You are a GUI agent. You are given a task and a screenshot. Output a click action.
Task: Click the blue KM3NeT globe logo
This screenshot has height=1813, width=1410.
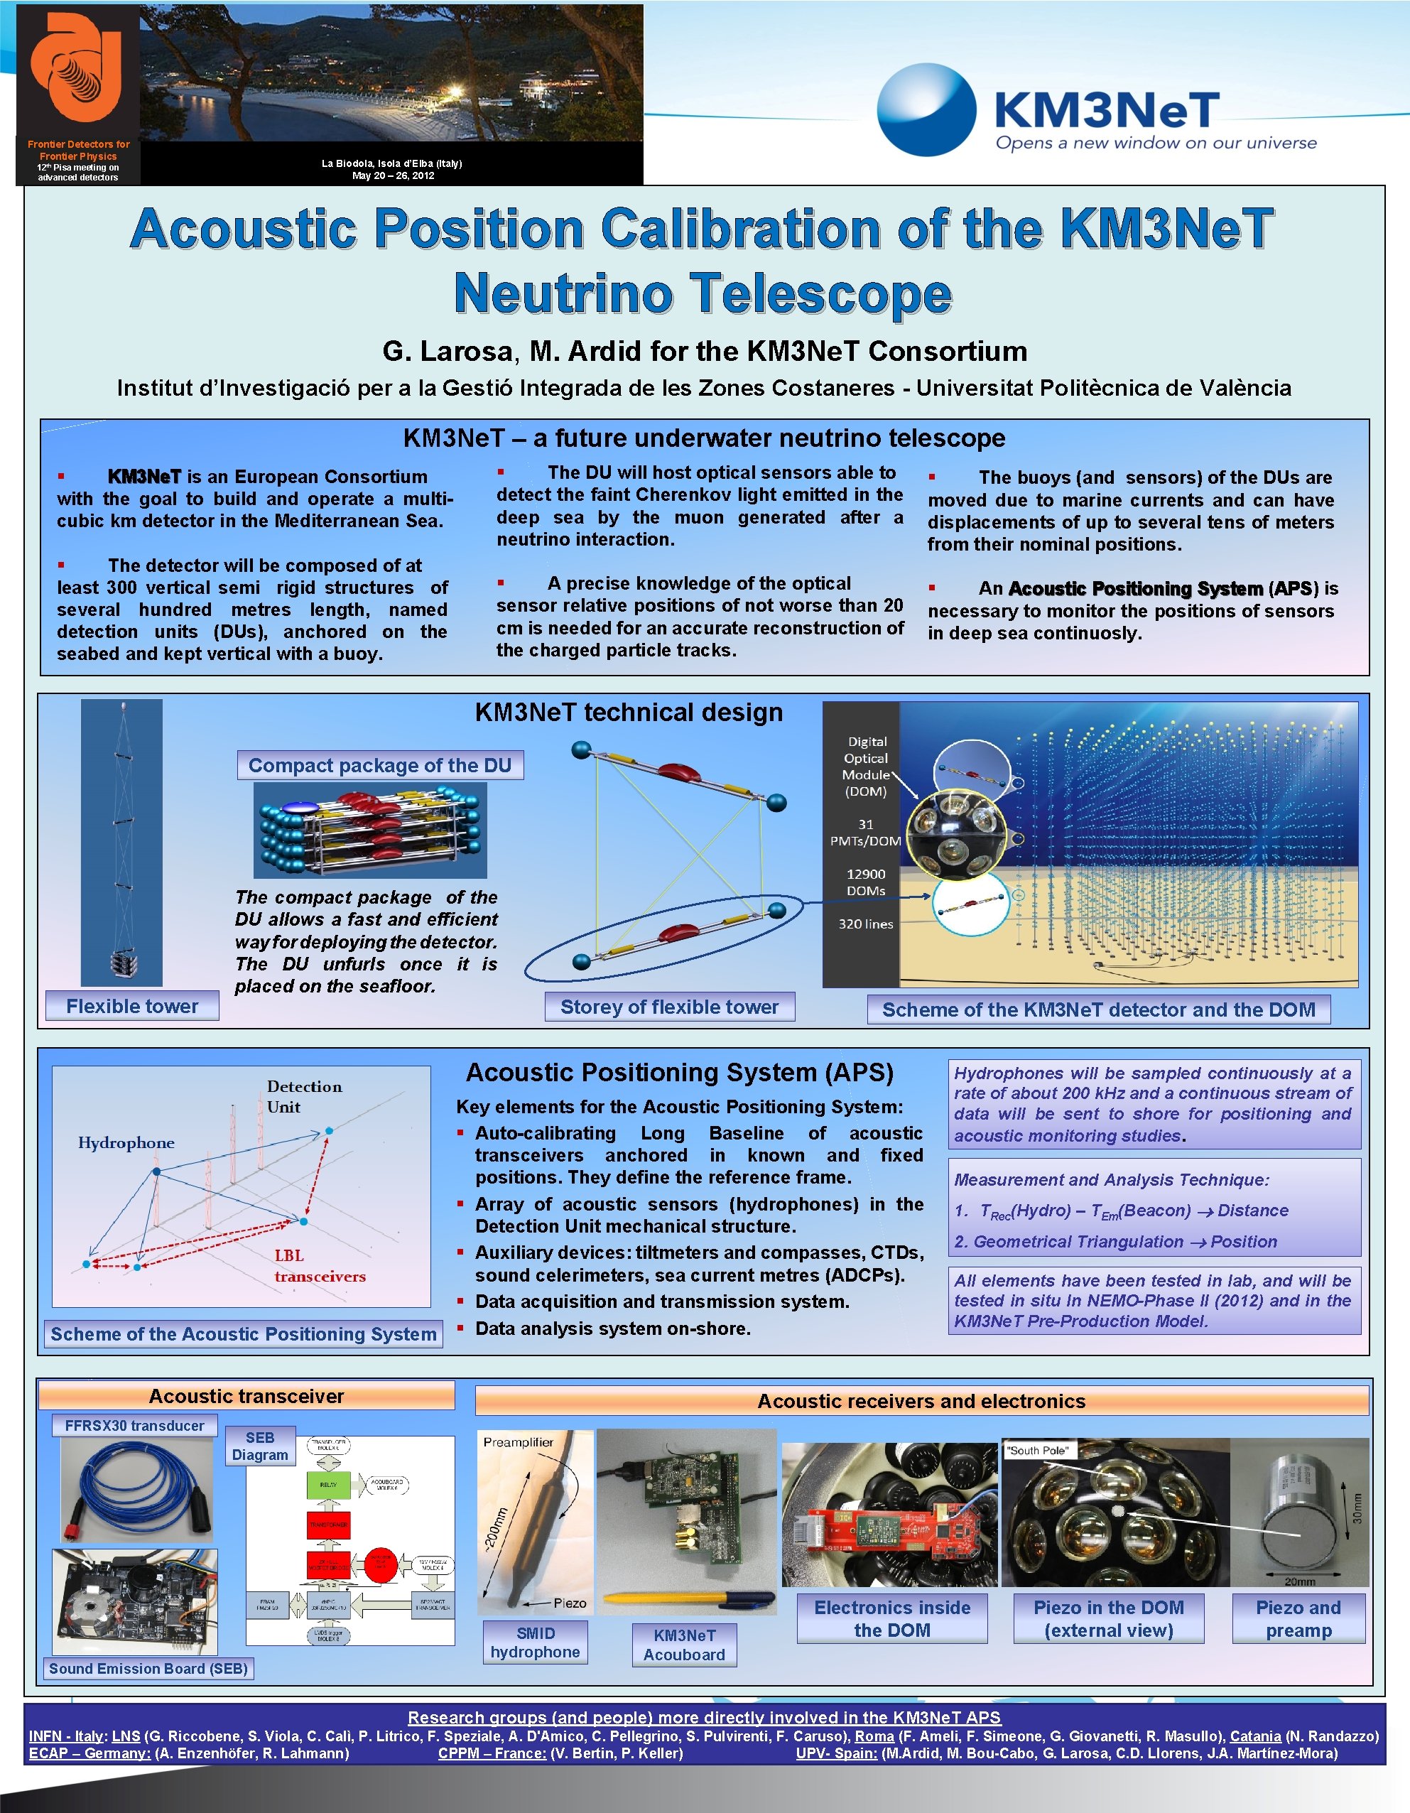click(x=926, y=110)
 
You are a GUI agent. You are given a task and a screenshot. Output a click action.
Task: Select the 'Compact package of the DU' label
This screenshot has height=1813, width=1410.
click(x=380, y=765)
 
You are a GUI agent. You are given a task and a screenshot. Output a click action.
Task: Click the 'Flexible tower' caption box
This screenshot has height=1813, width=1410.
click(x=132, y=1006)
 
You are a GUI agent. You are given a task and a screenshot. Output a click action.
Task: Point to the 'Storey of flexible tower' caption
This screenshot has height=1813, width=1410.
click(x=669, y=1007)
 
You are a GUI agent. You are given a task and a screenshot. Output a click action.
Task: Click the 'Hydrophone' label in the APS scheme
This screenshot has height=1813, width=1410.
click(x=126, y=1142)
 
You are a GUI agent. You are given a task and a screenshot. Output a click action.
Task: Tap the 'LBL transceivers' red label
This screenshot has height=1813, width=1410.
click(x=320, y=1266)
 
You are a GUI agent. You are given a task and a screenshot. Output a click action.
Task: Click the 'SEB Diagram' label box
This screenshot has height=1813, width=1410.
click(x=260, y=1446)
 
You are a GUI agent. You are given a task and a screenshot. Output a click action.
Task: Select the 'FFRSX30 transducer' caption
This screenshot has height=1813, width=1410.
click(x=134, y=1425)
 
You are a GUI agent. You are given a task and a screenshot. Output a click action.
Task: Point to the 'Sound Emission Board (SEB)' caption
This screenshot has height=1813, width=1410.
click(x=148, y=1669)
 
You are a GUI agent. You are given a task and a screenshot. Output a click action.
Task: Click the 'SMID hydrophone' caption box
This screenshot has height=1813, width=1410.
click(x=536, y=1642)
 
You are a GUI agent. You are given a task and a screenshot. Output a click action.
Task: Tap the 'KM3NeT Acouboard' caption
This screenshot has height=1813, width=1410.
click(x=684, y=1645)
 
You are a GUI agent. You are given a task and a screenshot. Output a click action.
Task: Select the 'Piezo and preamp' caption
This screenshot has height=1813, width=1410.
click(x=1298, y=1619)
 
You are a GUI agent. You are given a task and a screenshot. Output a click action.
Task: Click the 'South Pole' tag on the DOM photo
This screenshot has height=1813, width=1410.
click(x=1038, y=1450)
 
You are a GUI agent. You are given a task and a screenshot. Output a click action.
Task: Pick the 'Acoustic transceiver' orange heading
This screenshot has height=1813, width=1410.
click(x=246, y=1396)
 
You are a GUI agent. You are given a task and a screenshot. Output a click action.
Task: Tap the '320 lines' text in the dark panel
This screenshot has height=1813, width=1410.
click(x=866, y=924)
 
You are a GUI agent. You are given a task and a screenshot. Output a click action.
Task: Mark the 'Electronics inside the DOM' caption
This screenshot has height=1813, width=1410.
click(x=892, y=1619)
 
